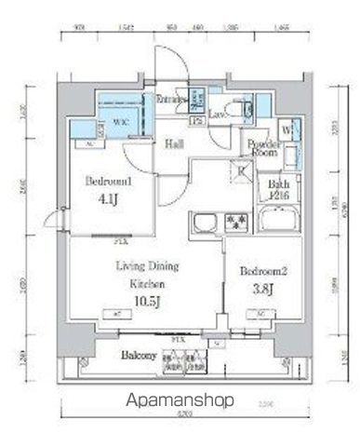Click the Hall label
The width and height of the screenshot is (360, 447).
coord(175,144)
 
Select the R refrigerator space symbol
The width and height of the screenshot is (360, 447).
coord(239,169)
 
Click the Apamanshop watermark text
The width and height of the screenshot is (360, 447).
coord(180,402)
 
